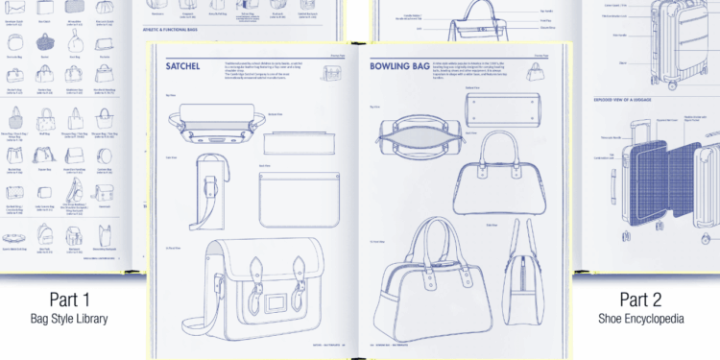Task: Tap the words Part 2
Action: coord(653,298)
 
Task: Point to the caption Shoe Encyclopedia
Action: coord(653,318)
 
